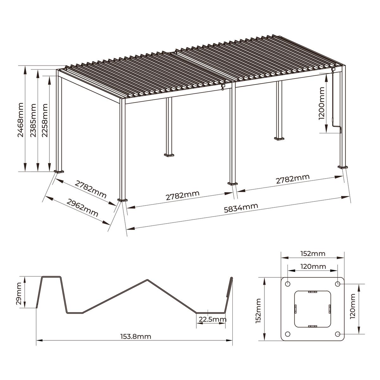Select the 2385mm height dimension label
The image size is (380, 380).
pyautogui.click(x=33, y=120)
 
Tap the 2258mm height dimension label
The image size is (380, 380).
pyautogui.click(x=45, y=120)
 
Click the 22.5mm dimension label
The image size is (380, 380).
pyautogui.click(x=212, y=319)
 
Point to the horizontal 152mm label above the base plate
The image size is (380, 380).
pyautogui.click(x=313, y=253)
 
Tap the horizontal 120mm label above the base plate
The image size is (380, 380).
pyautogui.click(x=313, y=266)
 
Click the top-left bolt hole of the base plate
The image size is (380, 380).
pyautogui.click(x=288, y=284)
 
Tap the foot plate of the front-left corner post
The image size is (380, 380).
pyautogui.click(x=122, y=200)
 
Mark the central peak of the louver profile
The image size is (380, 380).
pyautogui.click(x=147, y=280)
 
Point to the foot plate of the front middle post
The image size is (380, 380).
pyautogui.click(x=233, y=183)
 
